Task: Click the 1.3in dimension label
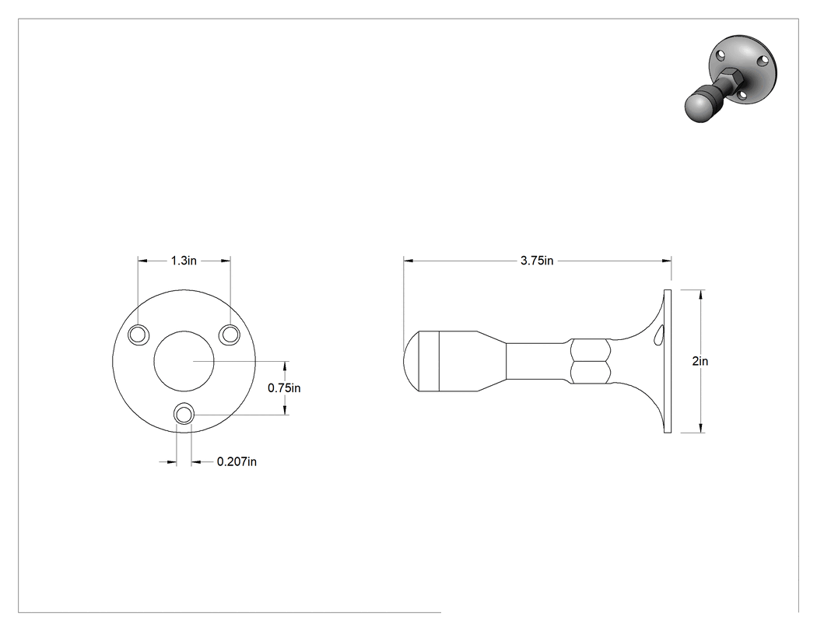(184, 261)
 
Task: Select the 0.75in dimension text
(284, 388)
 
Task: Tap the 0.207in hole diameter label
(237, 461)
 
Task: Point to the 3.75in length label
(537, 261)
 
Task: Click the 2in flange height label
(700, 361)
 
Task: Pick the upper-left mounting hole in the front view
(139, 335)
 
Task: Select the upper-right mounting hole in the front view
(230, 335)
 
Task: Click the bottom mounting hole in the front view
(184, 415)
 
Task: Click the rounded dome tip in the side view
(412, 361)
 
